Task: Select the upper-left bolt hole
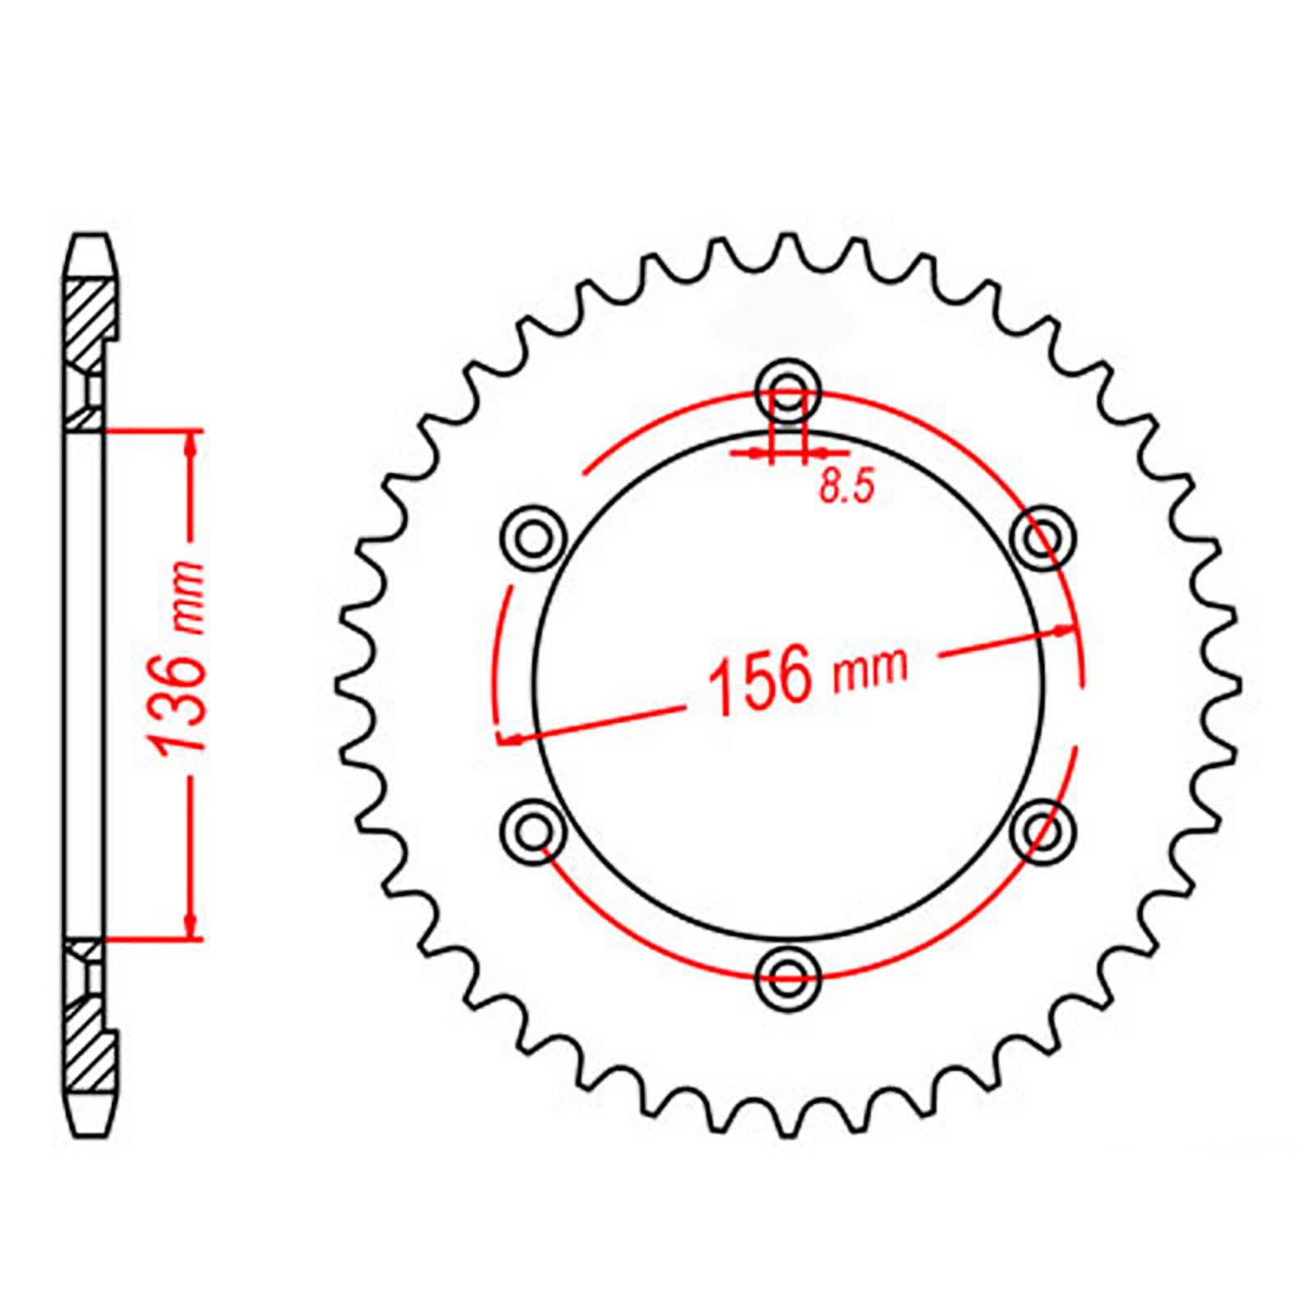coord(535,540)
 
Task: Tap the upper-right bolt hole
coord(1041,540)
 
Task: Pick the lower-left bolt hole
coord(535,830)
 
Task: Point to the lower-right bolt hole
coord(1041,830)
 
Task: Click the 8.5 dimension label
coord(847,489)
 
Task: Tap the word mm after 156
coord(871,667)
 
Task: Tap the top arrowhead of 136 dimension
coord(191,444)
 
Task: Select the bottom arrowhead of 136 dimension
coord(191,925)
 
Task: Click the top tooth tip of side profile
coord(90,240)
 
